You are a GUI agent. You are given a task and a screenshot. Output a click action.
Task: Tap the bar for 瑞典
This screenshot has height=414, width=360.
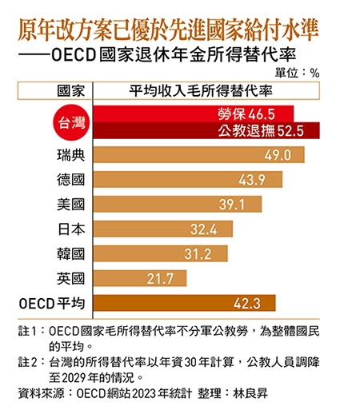coord(199,155)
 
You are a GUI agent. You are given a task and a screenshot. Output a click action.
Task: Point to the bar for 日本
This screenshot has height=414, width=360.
coord(164,229)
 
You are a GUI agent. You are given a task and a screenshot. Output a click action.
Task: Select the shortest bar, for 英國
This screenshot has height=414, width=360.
coord(141,278)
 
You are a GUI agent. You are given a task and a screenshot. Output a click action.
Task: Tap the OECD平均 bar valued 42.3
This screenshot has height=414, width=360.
coord(185,303)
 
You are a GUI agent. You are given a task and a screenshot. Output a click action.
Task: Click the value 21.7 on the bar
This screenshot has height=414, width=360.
coord(168,278)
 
